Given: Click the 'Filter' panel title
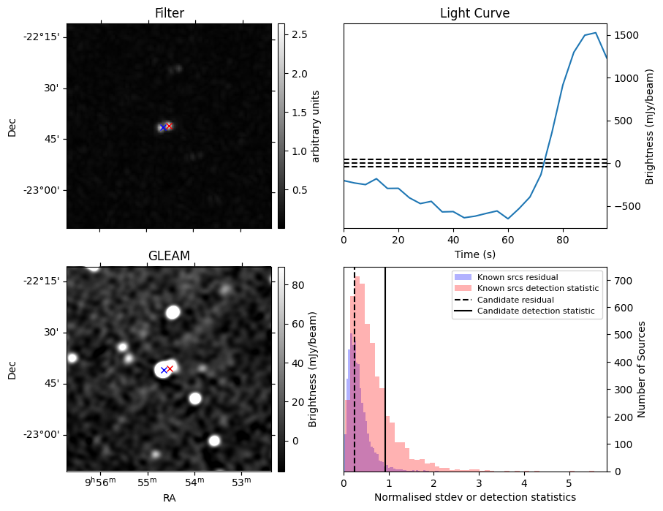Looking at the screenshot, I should click(169, 13).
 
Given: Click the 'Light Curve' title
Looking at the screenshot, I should click(474, 13).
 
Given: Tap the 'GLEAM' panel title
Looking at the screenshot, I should click(169, 256).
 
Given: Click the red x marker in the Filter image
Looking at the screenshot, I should click(169, 126).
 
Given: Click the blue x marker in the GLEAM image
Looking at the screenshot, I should click(164, 370).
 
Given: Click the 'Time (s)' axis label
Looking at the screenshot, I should click(474, 254).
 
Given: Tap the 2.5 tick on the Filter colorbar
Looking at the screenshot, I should click(299, 35).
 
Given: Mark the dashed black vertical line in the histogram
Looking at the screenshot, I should click(355, 380).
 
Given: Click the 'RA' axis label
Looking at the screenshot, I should click(169, 498).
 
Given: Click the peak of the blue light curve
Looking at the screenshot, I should click(596, 33).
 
